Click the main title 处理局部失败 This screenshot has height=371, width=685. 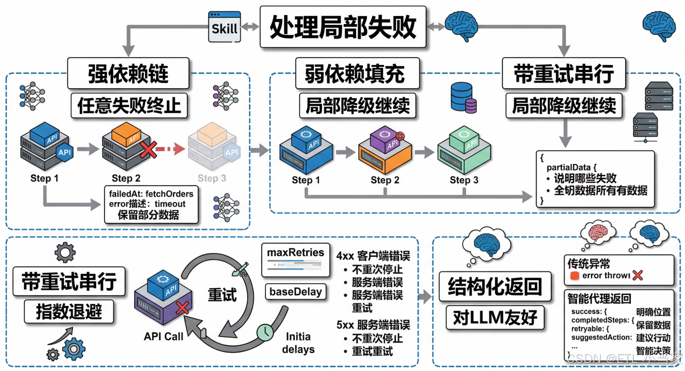[343, 27]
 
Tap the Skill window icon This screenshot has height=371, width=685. [225, 27]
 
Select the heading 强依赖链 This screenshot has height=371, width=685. [128, 74]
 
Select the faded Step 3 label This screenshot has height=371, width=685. [211, 178]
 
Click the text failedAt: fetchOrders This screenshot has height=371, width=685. [151, 194]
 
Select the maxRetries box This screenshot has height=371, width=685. [296, 253]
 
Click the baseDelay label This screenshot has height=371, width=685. [296, 292]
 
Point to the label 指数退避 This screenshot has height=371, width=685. [69, 311]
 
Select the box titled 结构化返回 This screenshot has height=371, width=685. [494, 286]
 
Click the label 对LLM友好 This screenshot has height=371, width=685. [494, 317]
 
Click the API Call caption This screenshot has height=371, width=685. [164, 337]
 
